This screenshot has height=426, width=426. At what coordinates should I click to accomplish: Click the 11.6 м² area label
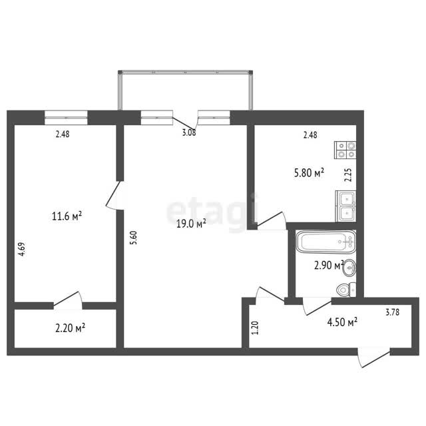[67, 216]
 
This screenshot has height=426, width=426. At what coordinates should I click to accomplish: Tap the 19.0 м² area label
[191, 224]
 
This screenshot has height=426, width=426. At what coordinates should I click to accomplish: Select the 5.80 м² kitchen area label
[309, 172]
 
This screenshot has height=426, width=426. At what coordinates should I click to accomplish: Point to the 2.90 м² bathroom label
[329, 265]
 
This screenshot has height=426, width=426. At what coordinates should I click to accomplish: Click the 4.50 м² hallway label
[342, 322]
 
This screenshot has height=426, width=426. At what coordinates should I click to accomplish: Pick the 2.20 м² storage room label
[71, 327]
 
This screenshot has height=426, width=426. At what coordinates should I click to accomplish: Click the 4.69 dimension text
[22, 249]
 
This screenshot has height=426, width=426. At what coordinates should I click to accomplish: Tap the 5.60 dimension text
[134, 238]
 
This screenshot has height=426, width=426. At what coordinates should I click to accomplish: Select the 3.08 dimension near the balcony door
[189, 133]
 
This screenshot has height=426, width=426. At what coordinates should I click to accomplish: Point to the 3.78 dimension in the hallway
[393, 312]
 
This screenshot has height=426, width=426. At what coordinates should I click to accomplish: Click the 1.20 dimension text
[256, 328]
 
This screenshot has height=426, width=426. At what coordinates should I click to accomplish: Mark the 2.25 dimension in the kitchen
[348, 175]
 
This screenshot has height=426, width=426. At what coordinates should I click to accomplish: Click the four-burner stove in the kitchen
[345, 150]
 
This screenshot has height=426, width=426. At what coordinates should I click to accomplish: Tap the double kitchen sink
[346, 206]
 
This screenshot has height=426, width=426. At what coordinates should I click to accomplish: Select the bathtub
[325, 242]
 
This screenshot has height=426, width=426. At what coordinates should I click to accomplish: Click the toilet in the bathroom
[346, 290]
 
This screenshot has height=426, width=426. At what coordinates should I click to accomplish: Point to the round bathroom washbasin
[349, 268]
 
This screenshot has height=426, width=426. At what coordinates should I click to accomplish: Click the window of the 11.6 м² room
[66, 118]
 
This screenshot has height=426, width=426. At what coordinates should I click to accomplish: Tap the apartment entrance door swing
[374, 357]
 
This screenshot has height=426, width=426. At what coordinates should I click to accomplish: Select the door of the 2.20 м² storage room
[68, 300]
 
